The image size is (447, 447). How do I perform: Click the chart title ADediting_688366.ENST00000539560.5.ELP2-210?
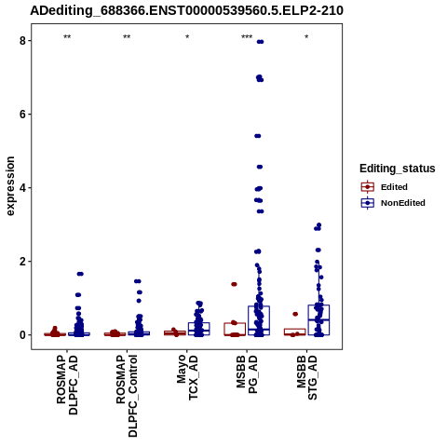click(186, 11)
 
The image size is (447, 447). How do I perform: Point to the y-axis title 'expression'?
click(10, 186)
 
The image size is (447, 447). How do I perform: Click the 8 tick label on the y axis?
click(22, 41)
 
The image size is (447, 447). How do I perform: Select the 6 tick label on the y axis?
click(22, 115)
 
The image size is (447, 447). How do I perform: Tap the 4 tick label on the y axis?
click(22, 188)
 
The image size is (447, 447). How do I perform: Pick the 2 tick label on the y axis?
click(22, 262)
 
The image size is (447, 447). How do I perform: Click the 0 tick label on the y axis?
click(22, 335)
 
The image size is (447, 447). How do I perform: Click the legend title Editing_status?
click(398, 169)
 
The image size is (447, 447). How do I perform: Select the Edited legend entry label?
click(394, 187)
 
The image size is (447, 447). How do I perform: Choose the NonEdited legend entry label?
click(403, 203)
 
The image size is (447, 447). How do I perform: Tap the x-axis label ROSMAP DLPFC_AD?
click(67, 385)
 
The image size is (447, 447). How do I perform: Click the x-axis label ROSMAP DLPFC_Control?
click(127, 396)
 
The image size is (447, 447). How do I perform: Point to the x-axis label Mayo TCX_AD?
click(187, 377)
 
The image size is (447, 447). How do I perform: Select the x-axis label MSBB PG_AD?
click(247, 374)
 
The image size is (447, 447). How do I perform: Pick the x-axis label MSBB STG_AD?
click(307, 377)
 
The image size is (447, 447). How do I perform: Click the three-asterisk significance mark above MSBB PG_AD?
click(247, 37)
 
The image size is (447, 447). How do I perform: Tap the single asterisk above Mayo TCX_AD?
click(187, 37)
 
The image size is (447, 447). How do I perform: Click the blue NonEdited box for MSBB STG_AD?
click(318, 320)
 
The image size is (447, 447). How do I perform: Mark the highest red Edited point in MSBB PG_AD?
click(234, 284)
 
